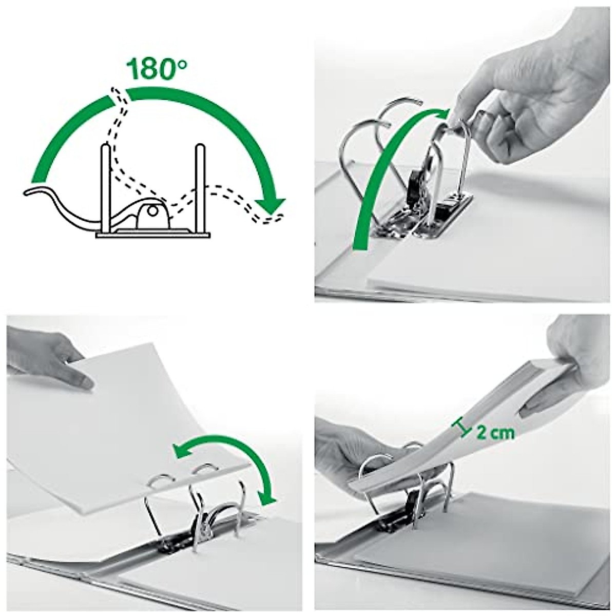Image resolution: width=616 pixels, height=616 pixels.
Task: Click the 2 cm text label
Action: pos(495,432)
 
